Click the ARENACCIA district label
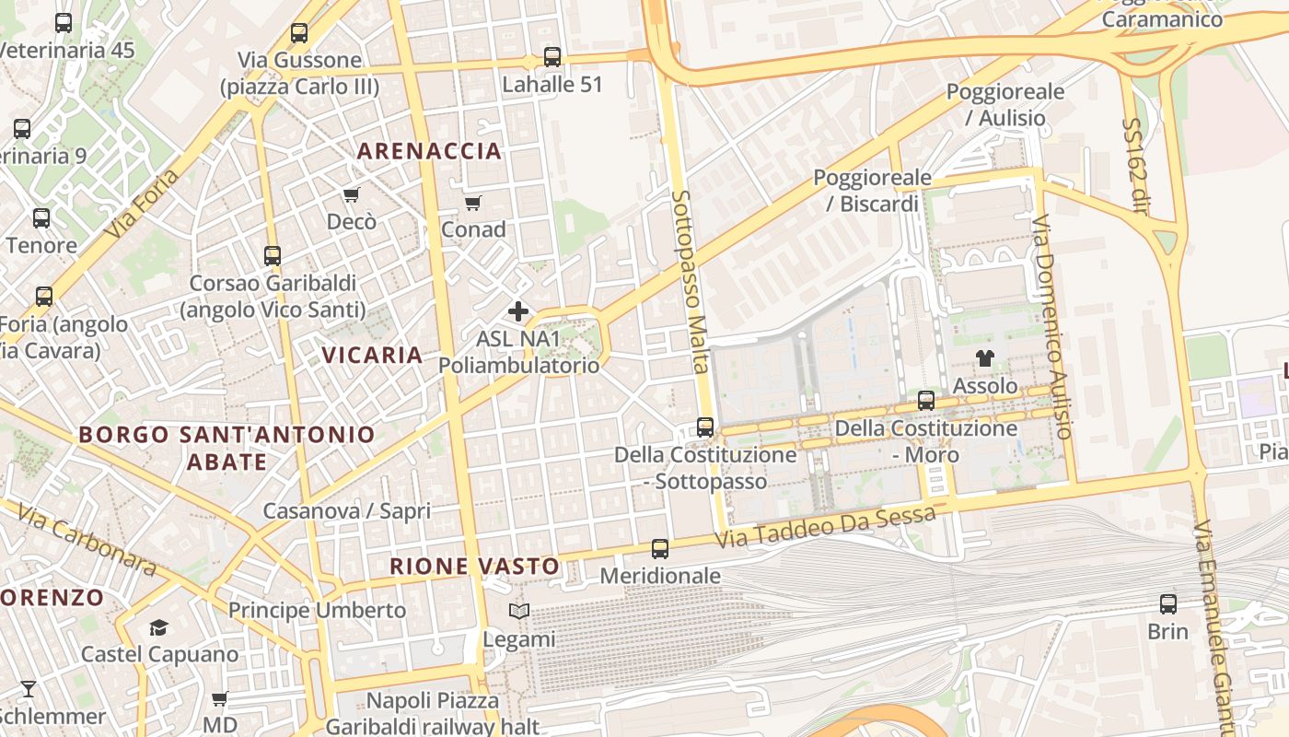429,151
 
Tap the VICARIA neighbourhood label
372,355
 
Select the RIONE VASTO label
474,567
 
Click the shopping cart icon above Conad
472,203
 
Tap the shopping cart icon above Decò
351,194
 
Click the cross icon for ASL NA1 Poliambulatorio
518,311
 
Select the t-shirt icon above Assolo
985,358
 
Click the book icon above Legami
519,611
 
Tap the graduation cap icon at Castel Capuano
159,627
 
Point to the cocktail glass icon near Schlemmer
29,688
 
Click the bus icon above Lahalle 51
552,57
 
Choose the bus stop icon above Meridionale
660,549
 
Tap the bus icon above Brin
1168,604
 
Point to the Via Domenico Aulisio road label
1052,327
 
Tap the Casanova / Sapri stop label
347,511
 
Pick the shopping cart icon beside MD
219,698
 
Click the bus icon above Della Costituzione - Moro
926,401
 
